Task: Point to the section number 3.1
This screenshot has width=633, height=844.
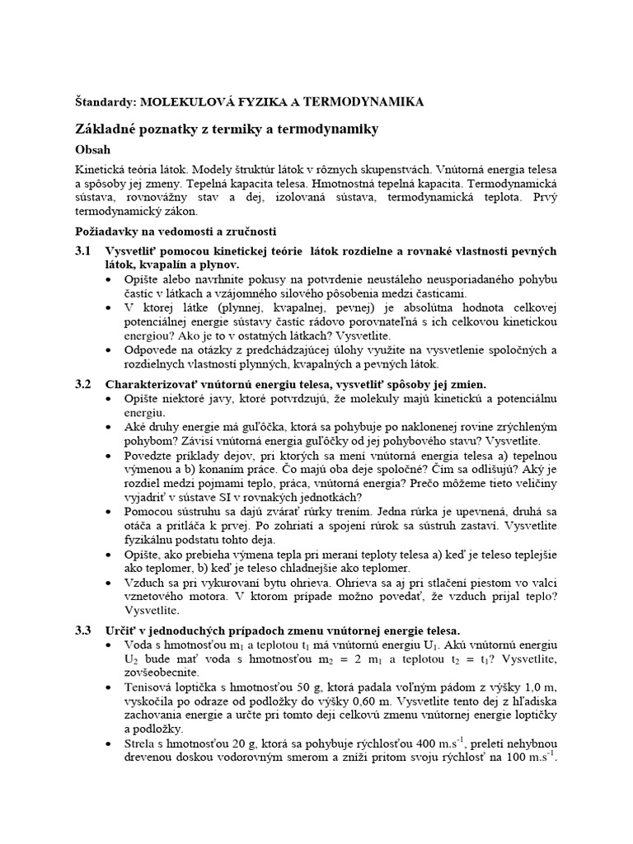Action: [83, 251]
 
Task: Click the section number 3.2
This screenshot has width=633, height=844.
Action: [83, 384]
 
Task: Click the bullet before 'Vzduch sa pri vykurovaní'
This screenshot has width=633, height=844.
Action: [111, 583]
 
